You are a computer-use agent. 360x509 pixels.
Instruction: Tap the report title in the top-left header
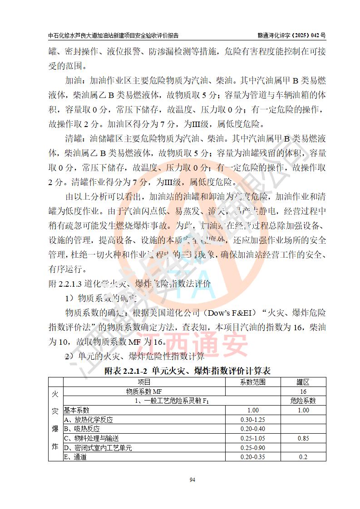tap(113, 35)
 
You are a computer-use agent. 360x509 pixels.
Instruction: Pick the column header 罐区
tap(303, 382)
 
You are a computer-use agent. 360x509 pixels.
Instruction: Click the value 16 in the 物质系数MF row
tap(303, 392)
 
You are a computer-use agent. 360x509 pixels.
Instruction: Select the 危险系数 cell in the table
tap(303, 401)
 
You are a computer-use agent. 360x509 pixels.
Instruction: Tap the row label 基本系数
tap(77, 410)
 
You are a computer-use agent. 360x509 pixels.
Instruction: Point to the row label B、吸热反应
tap(82, 429)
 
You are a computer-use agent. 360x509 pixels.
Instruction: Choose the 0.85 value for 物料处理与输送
tap(303, 438)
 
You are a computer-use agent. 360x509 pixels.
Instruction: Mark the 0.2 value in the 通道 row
tap(303, 457)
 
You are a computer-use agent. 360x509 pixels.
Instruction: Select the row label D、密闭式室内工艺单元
tap(98, 448)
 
